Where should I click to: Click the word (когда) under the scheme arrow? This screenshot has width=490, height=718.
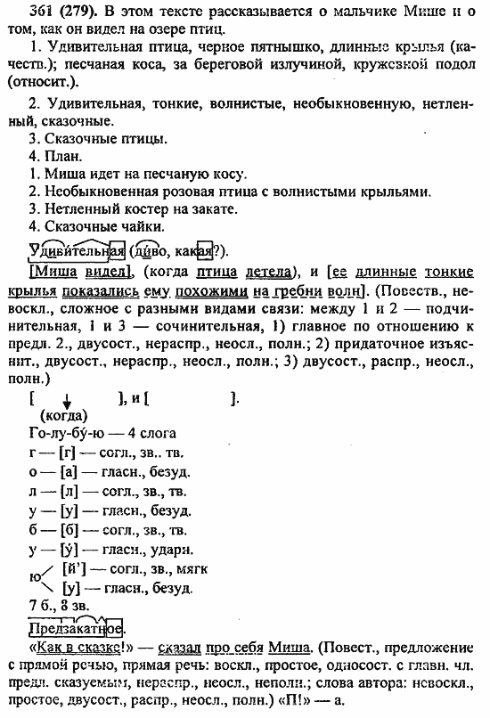[x=63, y=414]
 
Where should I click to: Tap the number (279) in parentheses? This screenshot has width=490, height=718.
[x=72, y=12]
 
